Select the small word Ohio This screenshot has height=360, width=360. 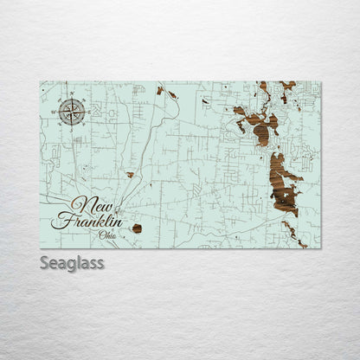coord(108,235)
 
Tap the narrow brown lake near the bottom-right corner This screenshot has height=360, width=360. coord(292,233)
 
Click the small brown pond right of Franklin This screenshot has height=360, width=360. coord(137,228)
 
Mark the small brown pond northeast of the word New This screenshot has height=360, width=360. coord(130,175)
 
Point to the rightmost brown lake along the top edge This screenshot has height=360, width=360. coord(287,87)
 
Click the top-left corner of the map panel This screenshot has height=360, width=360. coord(40,82)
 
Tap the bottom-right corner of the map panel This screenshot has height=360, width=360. coord(320,248)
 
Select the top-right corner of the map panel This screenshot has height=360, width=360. coord(320,82)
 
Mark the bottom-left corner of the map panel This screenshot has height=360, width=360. coord(40,248)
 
